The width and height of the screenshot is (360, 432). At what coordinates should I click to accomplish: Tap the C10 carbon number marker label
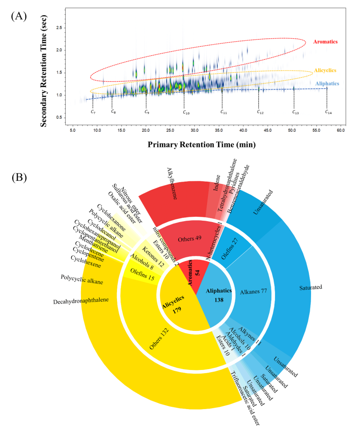(186, 112)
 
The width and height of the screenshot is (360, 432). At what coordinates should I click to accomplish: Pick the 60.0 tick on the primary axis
(341, 130)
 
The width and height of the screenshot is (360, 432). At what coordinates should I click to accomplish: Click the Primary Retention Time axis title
(202, 144)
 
